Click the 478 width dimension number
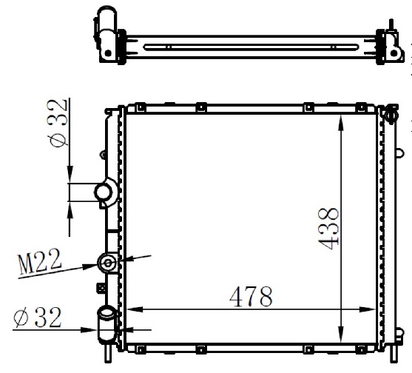(x=251, y=297)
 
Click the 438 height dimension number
(x=328, y=229)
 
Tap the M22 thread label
(x=40, y=261)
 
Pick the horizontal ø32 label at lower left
(x=37, y=317)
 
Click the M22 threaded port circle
(x=107, y=263)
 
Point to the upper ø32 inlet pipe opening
(x=104, y=192)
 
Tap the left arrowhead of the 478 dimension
(x=135, y=309)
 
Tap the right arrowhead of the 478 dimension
(x=367, y=309)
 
